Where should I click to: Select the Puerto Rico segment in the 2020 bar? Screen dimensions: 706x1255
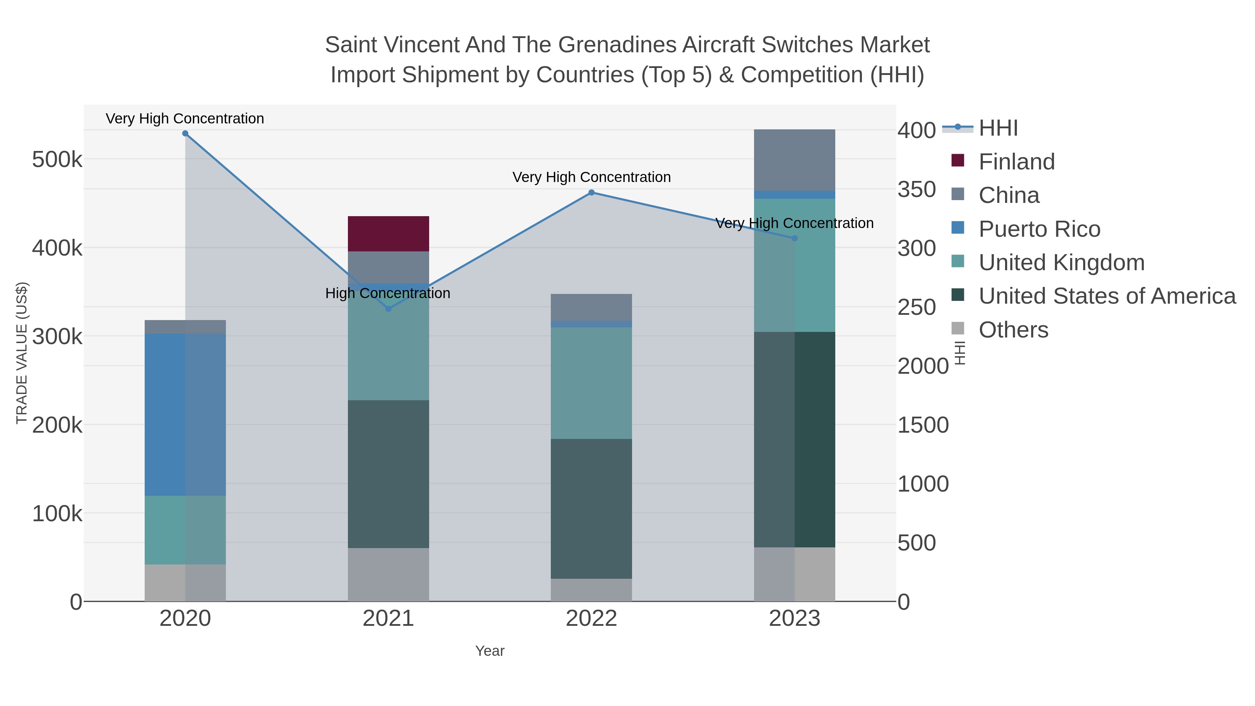pos(185,414)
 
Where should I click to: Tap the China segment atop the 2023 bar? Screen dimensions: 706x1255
pos(794,160)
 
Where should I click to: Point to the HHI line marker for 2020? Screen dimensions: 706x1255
pos(185,134)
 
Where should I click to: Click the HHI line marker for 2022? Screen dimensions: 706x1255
pos(592,192)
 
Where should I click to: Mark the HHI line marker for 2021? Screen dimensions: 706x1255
pos(388,309)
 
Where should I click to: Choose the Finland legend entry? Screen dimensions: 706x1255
pos(1016,162)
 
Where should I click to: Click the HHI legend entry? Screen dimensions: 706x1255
pos(998,128)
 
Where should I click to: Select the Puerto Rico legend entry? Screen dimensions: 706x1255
pos(1039,229)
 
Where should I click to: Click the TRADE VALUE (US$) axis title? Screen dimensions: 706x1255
pos(22,353)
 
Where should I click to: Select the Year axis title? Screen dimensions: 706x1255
pos(490,651)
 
